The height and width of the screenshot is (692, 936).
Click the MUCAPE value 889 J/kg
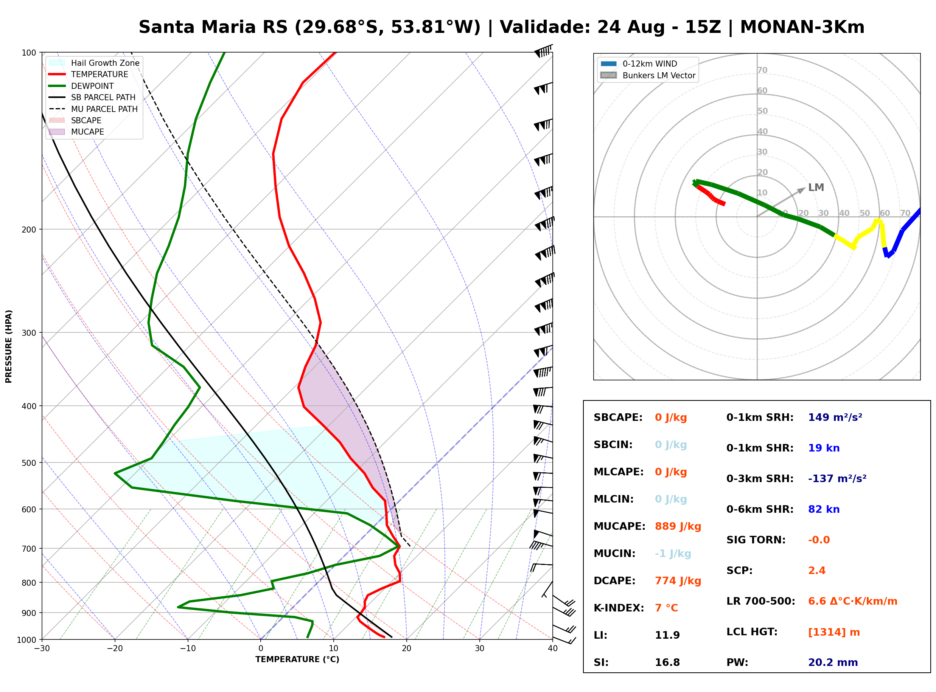(678, 526)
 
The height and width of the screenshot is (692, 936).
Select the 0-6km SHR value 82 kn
(823, 509)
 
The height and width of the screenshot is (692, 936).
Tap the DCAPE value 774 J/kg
(678, 580)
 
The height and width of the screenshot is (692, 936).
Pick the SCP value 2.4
(816, 571)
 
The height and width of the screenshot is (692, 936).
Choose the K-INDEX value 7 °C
(666, 608)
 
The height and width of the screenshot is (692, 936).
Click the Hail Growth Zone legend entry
(94, 63)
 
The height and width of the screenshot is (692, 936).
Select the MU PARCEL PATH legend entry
(93, 109)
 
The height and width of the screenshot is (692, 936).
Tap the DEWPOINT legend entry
(81, 86)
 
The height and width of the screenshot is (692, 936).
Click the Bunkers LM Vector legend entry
(648, 75)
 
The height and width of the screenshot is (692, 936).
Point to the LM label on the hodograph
(816, 187)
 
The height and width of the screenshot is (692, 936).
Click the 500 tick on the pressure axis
(29, 463)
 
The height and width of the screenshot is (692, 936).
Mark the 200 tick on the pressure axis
(29, 230)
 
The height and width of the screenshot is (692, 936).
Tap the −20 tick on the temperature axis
(115, 649)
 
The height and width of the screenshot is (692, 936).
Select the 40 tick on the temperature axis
(552, 649)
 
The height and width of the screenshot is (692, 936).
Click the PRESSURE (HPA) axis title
(9, 346)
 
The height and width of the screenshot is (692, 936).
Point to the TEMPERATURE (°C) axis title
(297, 659)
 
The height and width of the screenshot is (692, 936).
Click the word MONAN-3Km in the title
(802, 27)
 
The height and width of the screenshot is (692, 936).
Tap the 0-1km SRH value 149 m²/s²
(835, 417)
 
